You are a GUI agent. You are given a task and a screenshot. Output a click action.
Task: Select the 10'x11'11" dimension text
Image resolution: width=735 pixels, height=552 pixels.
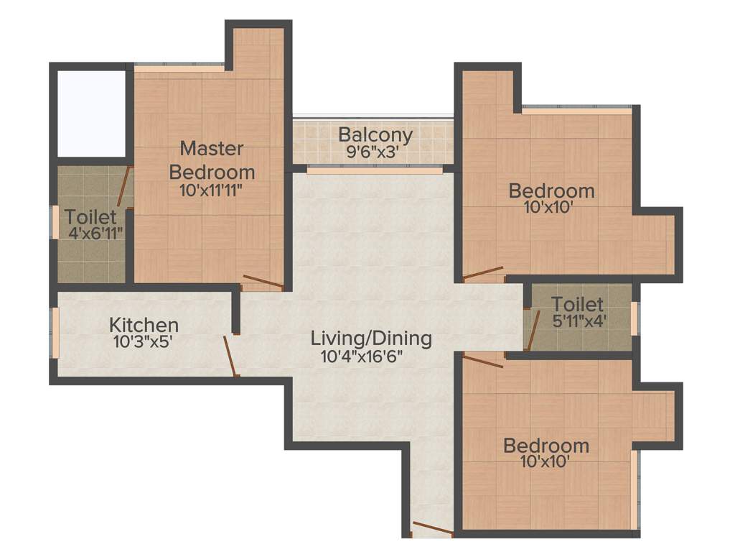(211, 190)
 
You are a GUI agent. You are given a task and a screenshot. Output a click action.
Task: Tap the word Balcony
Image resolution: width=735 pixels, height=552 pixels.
(375, 134)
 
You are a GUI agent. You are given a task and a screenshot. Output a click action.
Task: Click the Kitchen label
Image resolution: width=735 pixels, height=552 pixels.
(144, 325)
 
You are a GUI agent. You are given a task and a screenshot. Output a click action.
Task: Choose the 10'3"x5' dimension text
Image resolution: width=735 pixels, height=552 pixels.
(143, 342)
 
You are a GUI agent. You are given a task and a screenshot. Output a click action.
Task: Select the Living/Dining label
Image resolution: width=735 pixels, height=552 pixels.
(371, 338)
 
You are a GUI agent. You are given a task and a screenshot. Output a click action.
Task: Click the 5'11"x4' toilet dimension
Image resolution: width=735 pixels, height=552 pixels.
(577, 321)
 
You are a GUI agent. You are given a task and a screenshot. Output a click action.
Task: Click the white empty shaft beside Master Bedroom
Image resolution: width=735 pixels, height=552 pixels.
(91, 114)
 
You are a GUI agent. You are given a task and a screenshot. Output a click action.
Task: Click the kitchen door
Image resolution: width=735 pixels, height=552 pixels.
(230, 355)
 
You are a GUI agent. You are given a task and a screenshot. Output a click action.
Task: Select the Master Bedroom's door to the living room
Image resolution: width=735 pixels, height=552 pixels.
(263, 282)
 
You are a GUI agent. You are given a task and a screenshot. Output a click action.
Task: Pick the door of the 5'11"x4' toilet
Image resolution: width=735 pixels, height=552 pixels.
(533, 331)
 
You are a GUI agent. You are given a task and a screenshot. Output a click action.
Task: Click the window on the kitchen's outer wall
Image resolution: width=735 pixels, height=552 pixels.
(54, 331)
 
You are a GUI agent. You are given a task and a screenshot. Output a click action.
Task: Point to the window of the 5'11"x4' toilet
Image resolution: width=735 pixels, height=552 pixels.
(635, 318)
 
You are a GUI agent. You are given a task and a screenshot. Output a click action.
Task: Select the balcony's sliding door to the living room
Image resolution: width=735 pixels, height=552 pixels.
(374, 170)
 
